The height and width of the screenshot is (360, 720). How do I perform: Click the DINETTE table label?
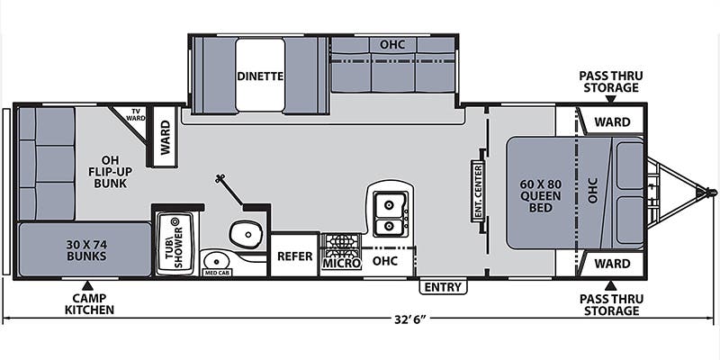[260, 76]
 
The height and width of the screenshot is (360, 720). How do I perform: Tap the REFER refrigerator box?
[295, 256]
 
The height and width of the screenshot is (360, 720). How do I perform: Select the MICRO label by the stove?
[341, 264]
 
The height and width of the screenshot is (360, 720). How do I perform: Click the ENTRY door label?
[443, 287]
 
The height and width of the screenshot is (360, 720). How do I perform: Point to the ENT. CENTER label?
[478, 191]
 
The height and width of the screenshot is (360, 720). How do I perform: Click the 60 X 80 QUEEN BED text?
[541, 195]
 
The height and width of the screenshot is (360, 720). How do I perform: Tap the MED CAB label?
[217, 273]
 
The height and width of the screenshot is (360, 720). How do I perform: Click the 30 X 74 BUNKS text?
[86, 250]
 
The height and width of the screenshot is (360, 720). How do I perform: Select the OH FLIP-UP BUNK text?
[110, 172]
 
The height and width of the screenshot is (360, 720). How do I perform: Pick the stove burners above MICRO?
[341, 245]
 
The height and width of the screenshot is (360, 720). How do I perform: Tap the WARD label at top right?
[613, 122]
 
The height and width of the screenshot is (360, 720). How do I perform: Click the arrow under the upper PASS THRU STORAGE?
[611, 99]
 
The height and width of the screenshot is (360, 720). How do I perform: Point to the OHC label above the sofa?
[392, 44]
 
